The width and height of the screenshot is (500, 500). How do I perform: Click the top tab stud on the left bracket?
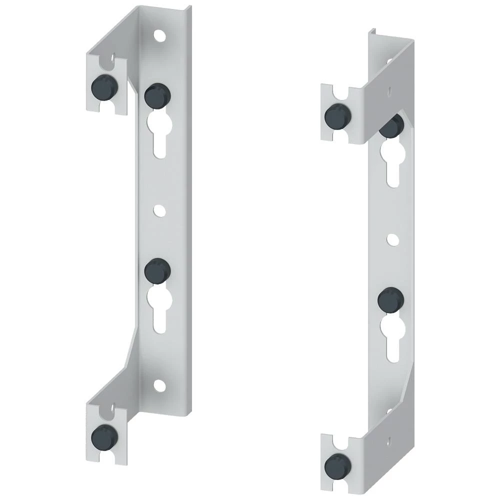tap(104, 88)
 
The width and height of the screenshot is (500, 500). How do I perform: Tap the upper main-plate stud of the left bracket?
tap(157, 95)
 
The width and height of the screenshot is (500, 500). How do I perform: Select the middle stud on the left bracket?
tap(157, 271)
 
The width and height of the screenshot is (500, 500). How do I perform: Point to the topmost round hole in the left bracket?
tap(159, 36)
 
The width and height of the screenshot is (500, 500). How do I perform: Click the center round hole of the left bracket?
tap(159, 211)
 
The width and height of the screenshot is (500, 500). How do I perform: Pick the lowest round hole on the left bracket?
tap(159, 385)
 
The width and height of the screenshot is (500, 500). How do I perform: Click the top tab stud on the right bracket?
tap(338, 116)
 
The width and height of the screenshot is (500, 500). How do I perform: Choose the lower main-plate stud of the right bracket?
tap(390, 300)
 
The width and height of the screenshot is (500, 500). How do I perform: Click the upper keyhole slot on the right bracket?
tap(390, 160)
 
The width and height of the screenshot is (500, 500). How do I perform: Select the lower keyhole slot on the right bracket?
tap(390, 337)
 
